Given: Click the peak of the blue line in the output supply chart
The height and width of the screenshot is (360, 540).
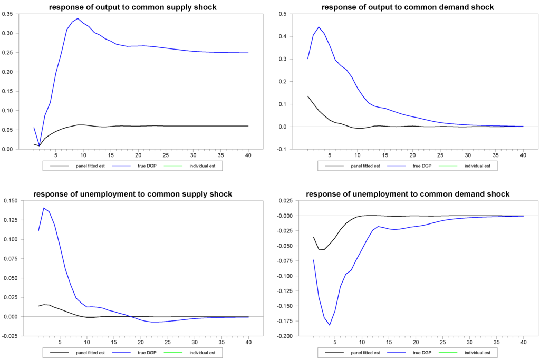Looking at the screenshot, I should point(78,18).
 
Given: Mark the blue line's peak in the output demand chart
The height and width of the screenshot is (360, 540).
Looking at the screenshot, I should point(319,27).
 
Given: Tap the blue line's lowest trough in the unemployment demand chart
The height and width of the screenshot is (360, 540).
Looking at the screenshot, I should point(330,325).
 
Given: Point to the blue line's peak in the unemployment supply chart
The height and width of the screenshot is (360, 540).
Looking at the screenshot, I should point(44,208).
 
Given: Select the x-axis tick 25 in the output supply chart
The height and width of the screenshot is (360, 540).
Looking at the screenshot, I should point(167,155).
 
